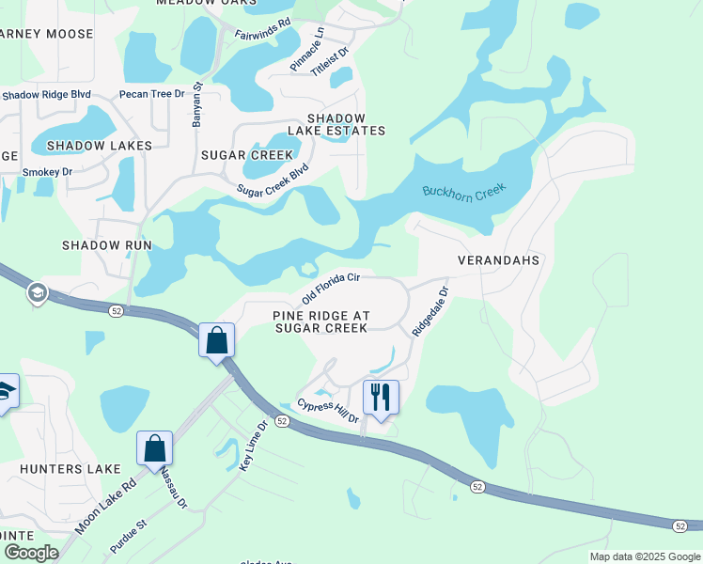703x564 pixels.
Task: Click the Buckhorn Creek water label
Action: pyautogui.click(x=463, y=190)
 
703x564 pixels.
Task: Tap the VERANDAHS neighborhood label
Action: pyautogui.click(x=498, y=259)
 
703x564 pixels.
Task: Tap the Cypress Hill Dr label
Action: pyautogui.click(x=328, y=410)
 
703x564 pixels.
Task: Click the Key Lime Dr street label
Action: pyautogui.click(x=251, y=446)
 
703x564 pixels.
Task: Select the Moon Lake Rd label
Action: pyautogui.click(x=106, y=505)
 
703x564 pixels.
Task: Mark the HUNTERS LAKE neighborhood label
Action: pyautogui.click(x=60, y=468)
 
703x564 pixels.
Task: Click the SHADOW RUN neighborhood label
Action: pyautogui.click(x=106, y=244)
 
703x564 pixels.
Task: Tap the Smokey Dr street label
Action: pyautogui.click(x=47, y=172)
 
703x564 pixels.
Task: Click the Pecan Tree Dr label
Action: pyautogui.click(x=151, y=94)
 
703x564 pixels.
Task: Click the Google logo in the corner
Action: pyautogui.click(x=31, y=553)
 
